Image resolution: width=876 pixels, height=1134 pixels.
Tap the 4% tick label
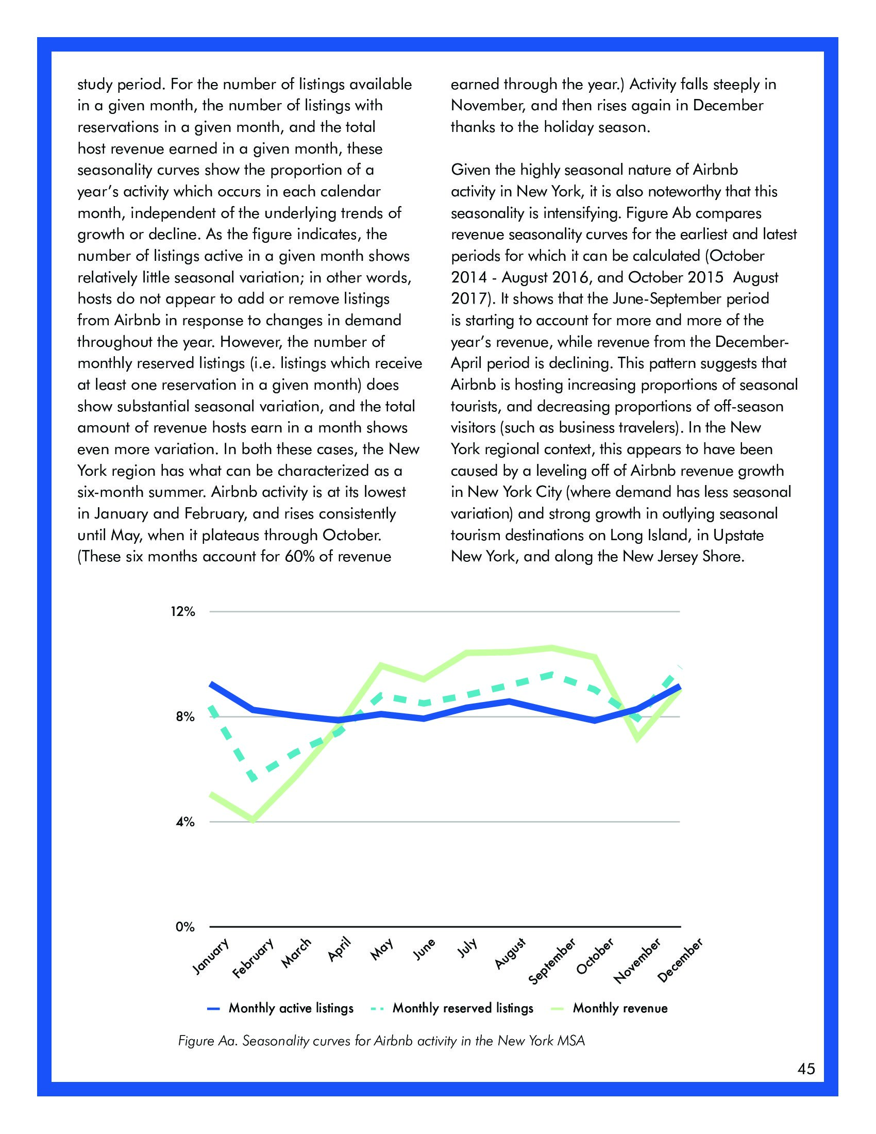pos(186,822)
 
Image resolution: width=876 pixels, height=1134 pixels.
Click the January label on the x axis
pos(210,956)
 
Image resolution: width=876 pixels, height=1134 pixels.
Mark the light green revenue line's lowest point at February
pos(253,820)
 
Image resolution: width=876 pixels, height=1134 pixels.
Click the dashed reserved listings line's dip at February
pos(253,779)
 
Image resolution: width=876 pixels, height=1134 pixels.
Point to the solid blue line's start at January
pos(211,685)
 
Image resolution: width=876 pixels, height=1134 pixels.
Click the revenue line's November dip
pos(637,738)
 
